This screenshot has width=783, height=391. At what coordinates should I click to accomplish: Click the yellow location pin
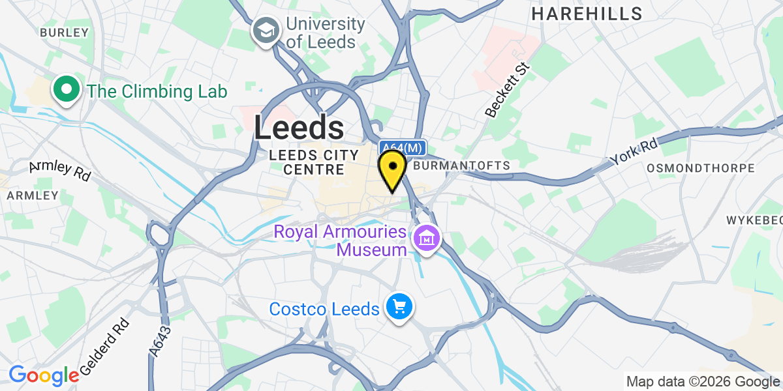pos(392,169)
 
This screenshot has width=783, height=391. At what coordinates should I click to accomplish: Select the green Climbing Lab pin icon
pos(67,91)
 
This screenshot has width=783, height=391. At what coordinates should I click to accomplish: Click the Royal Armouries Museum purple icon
pos(427,239)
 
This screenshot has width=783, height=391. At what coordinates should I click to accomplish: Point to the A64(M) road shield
pos(403,148)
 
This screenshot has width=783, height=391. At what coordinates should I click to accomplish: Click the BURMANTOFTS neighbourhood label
pos(461,166)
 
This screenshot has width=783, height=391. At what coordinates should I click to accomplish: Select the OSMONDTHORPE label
pos(700,168)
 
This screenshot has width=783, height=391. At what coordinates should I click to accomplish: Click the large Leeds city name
pos(299,128)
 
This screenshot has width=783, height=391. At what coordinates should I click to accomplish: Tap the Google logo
pos(43,375)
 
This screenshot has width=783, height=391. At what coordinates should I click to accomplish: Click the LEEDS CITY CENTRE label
pos(314,162)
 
